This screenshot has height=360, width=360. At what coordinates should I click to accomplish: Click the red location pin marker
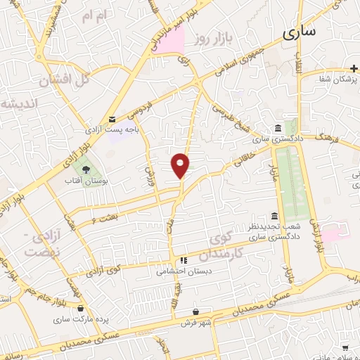[181, 165]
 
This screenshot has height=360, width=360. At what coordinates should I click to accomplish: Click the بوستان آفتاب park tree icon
[86, 169]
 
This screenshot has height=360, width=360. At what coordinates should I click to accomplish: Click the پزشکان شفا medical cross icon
[352, 69]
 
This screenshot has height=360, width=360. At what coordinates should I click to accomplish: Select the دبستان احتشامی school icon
[184, 259]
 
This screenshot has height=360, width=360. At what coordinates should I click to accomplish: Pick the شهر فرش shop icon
[196, 311]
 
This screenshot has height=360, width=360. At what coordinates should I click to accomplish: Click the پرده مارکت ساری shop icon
[81, 308]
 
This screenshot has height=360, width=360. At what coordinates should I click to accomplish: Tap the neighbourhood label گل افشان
[65, 79]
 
